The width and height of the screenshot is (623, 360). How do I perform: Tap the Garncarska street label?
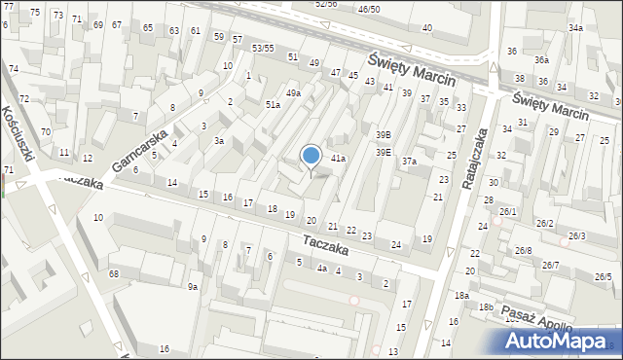(x=140, y=150)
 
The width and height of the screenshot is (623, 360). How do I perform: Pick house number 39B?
(x=384, y=134)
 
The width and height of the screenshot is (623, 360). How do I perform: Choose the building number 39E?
(x=384, y=152)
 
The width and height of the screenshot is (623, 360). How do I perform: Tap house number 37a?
(x=410, y=162)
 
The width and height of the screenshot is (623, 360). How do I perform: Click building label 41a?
(x=338, y=158)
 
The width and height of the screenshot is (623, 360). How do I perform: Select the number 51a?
(x=274, y=104)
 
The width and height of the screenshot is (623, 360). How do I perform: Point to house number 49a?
(x=293, y=93)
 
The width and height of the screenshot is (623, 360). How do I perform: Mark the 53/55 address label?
(x=263, y=48)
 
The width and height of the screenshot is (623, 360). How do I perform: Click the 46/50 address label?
(x=369, y=9)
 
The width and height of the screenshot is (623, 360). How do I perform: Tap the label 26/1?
(x=507, y=212)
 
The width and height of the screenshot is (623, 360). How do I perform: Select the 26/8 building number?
(x=524, y=251)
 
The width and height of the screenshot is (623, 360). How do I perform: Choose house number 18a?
(x=460, y=295)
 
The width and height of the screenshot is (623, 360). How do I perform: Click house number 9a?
(x=193, y=286)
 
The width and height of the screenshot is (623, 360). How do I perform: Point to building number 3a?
(x=220, y=141)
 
